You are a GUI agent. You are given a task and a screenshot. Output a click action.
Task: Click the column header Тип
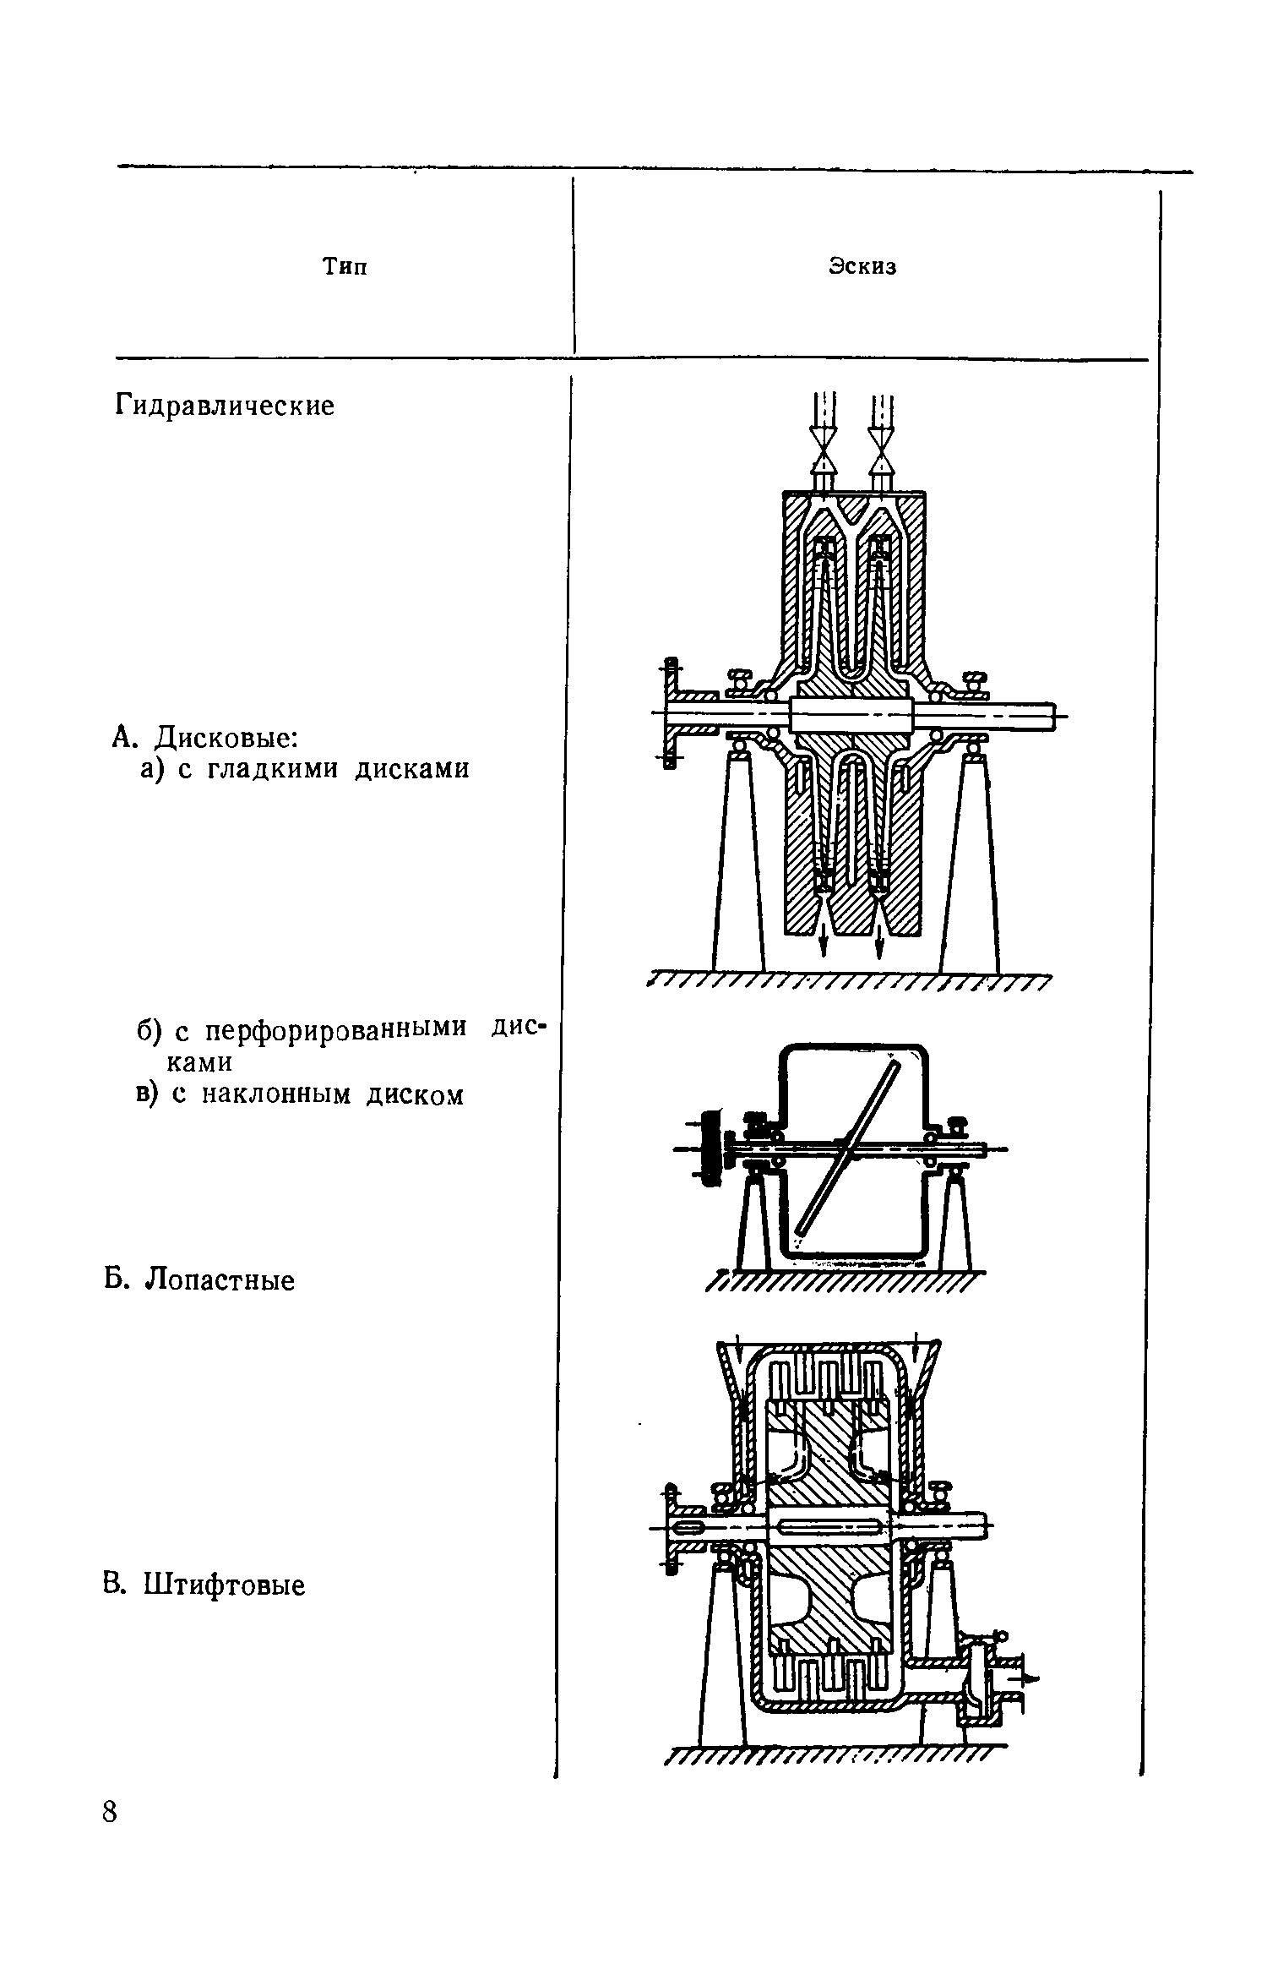tap(345, 267)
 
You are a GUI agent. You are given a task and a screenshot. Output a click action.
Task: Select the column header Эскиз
tap(862, 267)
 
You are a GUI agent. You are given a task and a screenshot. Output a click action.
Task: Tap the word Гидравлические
tap(225, 406)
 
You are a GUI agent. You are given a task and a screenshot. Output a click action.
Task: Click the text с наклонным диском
tap(318, 1095)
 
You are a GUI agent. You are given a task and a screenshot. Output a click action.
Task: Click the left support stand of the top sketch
tap(737, 862)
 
